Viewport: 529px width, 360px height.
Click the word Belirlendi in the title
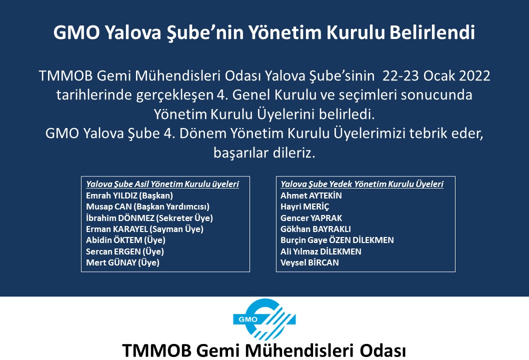click(432, 32)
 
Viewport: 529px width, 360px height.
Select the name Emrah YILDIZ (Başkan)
click(129, 195)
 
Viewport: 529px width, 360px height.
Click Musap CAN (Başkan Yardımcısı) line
click(148, 207)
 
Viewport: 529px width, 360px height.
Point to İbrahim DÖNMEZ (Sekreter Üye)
click(149, 218)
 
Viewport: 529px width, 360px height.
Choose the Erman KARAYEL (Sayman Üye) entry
click(144, 229)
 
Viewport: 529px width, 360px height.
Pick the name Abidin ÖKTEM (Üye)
click(126, 240)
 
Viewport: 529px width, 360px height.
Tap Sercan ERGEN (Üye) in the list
click(125, 251)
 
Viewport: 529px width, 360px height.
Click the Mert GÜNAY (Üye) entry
click(123, 263)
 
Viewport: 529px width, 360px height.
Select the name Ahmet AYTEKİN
click(311, 195)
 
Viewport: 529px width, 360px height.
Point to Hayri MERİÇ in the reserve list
click(304, 207)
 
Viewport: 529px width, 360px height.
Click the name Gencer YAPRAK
click(311, 218)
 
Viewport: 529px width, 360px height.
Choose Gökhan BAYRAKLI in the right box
click(316, 229)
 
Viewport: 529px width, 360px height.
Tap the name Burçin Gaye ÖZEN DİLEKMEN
click(337, 240)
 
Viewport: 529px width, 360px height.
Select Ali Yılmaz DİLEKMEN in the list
click(321, 251)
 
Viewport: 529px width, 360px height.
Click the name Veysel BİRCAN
click(309, 263)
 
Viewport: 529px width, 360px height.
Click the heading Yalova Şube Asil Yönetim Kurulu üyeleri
click(162, 184)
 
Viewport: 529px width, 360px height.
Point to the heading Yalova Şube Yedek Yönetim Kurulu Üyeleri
click(362, 184)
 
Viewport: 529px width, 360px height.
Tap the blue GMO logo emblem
click(264, 319)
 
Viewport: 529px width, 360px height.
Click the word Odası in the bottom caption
click(382, 350)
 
